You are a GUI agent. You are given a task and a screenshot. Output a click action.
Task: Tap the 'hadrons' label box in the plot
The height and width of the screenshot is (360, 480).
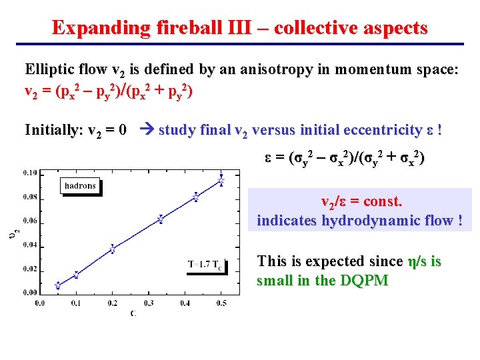click(80, 185)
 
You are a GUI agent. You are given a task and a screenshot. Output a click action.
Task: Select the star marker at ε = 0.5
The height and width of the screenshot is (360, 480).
click(221, 180)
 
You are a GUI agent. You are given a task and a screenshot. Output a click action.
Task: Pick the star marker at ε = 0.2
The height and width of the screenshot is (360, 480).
click(112, 249)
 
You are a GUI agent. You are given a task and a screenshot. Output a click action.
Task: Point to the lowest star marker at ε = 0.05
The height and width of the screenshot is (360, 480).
click(57, 285)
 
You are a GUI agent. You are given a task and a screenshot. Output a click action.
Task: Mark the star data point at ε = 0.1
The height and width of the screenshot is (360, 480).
click(76, 275)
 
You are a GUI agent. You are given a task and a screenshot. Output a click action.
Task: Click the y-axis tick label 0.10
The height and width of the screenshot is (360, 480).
click(29, 173)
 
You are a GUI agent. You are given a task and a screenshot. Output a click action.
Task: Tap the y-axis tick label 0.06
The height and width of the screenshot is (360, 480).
click(29, 221)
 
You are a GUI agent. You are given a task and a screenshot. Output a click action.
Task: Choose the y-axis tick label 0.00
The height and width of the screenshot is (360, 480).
click(29, 293)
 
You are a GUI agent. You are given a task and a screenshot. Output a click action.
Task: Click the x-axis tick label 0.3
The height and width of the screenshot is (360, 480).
click(149, 303)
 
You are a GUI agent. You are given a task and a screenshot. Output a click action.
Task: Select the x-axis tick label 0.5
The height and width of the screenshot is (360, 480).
click(221, 303)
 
